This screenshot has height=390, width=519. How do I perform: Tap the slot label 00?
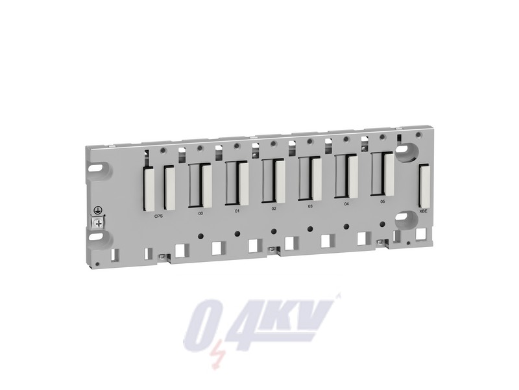[x=200, y=212]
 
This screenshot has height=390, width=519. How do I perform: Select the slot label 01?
[x=237, y=211]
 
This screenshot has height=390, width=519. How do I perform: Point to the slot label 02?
[x=274, y=209]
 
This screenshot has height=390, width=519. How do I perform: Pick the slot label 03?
[x=310, y=206]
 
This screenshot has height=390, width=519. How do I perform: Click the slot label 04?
[x=346, y=204]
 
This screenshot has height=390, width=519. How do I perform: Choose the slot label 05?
[x=383, y=202]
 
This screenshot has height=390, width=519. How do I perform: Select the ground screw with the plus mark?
[x=99, y=223]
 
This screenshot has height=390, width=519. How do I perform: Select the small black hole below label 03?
[x=310, y=227]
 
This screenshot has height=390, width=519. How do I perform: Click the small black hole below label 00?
[x=200, y=234]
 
